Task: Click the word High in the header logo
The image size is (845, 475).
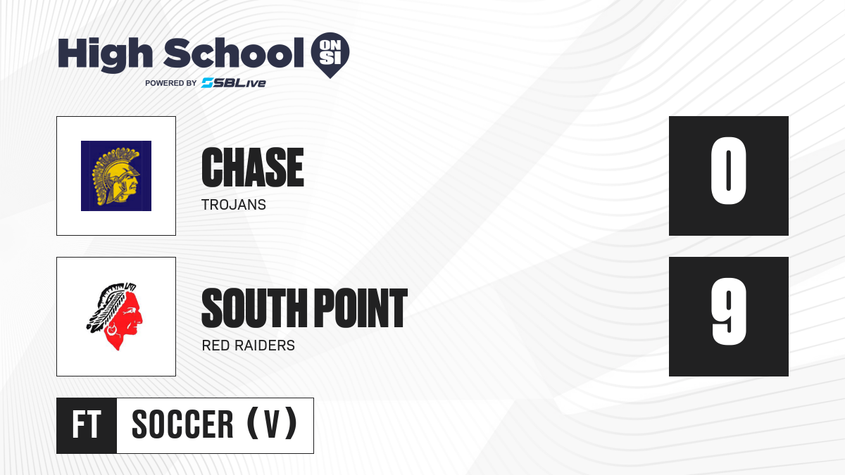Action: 105,55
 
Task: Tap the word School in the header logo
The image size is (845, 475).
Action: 234,53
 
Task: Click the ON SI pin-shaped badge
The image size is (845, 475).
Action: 330,55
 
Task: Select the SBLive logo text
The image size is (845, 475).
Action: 233,83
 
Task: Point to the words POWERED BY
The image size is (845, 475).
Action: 171,83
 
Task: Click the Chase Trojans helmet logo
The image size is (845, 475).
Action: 116,176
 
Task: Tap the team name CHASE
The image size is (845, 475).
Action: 253,167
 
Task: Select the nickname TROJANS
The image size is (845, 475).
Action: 234,205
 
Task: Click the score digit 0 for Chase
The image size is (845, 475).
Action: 728,171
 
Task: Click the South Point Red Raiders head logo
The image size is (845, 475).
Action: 115,316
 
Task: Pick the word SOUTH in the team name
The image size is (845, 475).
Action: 255,308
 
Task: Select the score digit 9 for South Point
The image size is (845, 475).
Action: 728,312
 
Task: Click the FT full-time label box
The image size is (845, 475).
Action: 87,426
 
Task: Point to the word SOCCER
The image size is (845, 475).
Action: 182,424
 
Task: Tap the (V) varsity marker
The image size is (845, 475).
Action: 272,424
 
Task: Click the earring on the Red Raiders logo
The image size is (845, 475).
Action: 112,330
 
